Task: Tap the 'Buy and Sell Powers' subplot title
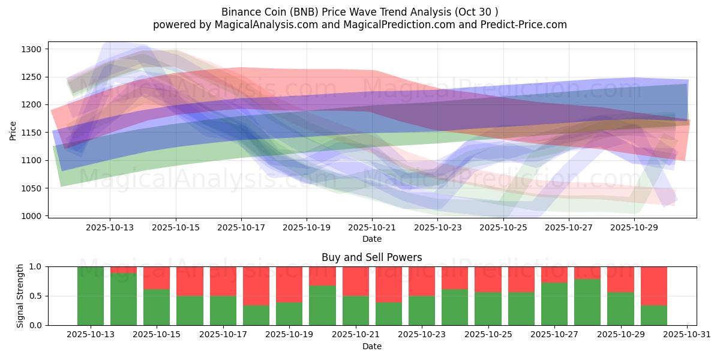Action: (x=371, y=257)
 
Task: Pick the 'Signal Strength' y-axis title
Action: (x=21, y=296)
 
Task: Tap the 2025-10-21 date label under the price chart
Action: (x=372, y=227)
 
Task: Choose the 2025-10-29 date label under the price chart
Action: (x=635, y=227)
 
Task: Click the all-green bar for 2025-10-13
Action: (x=91, y=296)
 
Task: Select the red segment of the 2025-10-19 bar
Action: (x=289, y=284)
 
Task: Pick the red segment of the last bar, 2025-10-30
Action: (x=653, y=286)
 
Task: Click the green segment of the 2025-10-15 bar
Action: (x=157, y=307)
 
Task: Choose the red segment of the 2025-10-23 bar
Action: (x=421, y=281)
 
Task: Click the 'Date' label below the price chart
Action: (x=371, y=239)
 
